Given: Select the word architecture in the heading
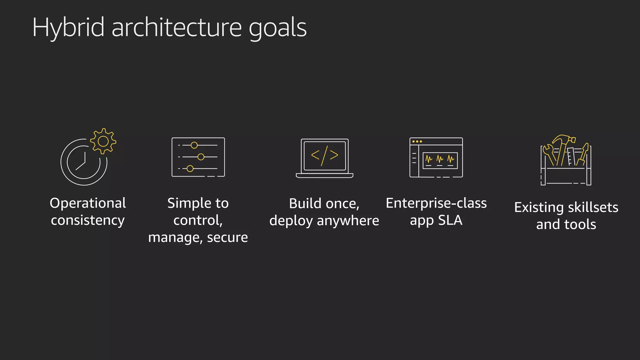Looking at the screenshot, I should tap(177, 27).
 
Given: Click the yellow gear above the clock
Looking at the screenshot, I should tap(103, 141).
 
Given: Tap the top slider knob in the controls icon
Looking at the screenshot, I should tap(194, 145).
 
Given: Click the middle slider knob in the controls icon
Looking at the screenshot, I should tap(201, 157).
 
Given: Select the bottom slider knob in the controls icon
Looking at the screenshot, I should tap(190, 169).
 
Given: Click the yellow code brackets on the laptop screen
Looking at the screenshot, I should tap(325, 155).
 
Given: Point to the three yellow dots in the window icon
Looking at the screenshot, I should tap(417, 142).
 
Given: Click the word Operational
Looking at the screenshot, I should tap(88, 203).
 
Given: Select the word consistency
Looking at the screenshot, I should tap(88, 220).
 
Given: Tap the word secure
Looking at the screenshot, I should tap(227, 237).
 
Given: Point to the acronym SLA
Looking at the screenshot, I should tap(450, 220).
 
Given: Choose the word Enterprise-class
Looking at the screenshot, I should tap(436, 203).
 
